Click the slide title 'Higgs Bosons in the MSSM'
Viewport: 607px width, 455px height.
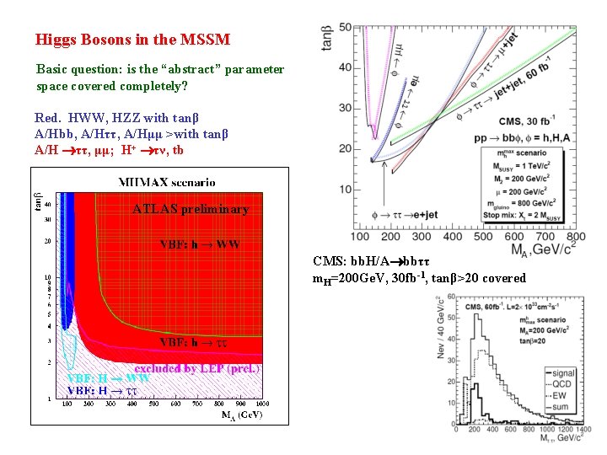[x=132, y=39]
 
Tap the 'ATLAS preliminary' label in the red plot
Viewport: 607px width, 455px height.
[x=191, y=209]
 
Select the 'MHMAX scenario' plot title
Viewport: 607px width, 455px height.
[x=166, y=181]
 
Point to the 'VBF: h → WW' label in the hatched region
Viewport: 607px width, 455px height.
[x=200, y=245]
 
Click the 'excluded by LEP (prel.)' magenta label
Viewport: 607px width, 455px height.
[x=196, y=368]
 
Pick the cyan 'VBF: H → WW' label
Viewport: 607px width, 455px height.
[x=108, y=378]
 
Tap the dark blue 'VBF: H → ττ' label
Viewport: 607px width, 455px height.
[x=103, y=390]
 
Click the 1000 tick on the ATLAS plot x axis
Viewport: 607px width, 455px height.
[x=261, y=404]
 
